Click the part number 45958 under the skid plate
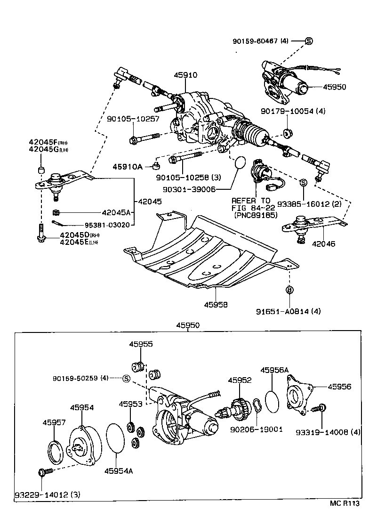coord(216,305)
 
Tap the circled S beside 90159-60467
coord(309,41)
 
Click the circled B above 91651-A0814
coord(289,290)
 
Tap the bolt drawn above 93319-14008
coord(320,408)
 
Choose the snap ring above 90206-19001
coord(257,405)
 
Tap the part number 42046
coord(323,244)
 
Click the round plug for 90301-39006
coord(240,162)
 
